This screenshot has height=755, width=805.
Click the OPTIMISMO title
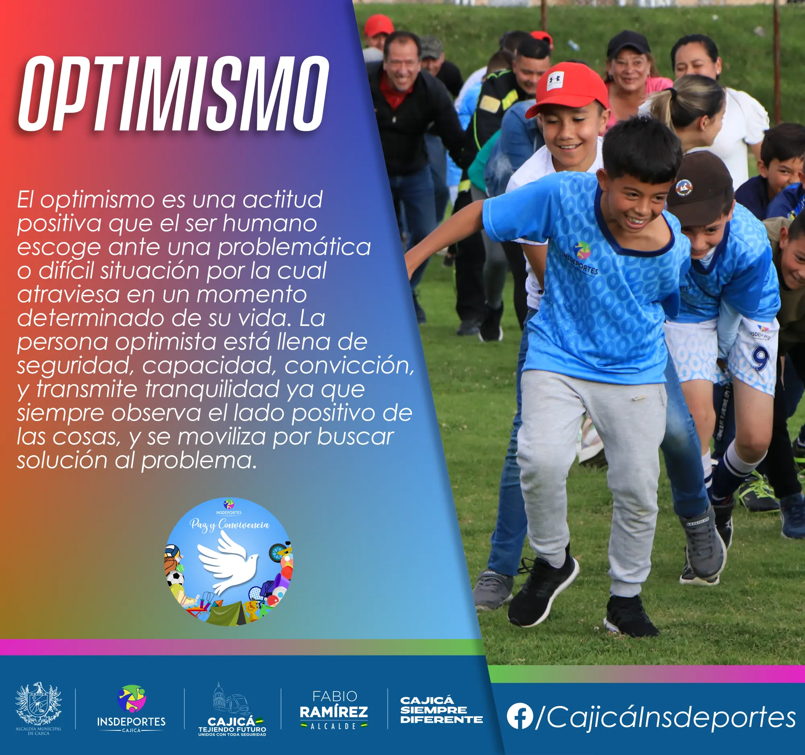point(173,94)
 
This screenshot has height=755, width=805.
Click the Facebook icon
point(519,716)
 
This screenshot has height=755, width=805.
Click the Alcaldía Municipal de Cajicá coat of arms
point(39,704)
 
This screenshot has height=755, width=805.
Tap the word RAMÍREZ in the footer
point(334,711)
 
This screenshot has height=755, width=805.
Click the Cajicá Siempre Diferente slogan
point(441,710)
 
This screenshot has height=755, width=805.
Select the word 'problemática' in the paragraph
point(294,247)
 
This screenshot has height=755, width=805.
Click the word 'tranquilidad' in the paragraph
point(212,389)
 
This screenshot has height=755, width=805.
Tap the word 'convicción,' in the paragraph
point(350,366)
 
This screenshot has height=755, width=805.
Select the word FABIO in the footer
point(335,696)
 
